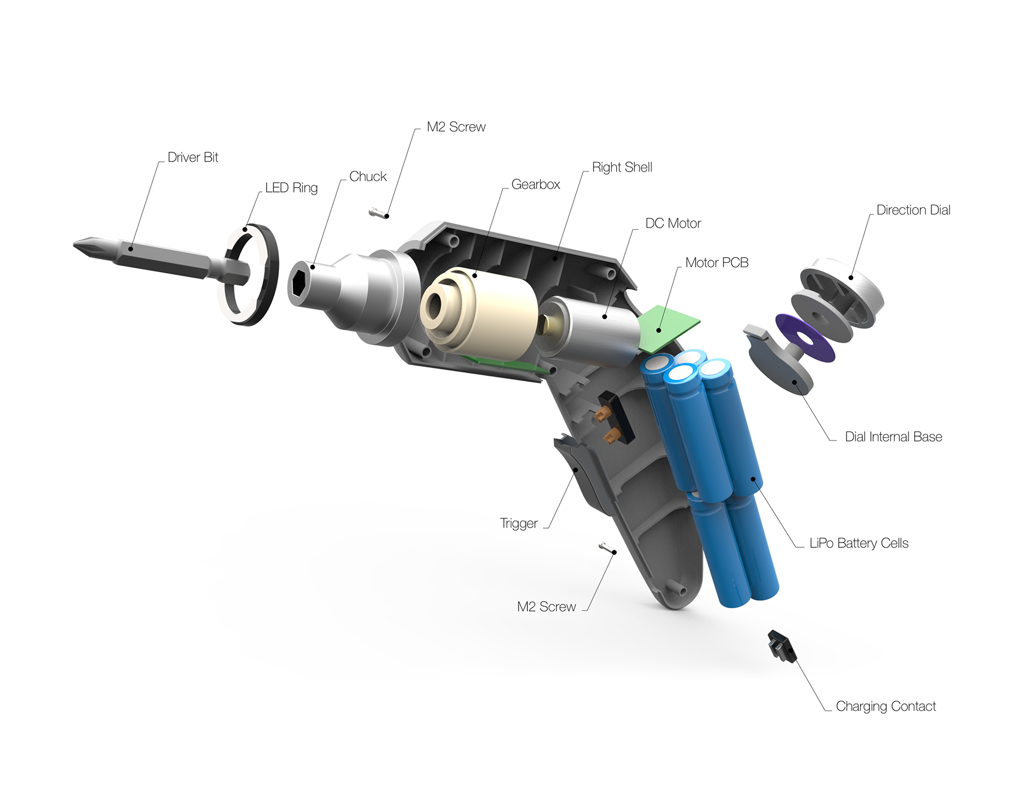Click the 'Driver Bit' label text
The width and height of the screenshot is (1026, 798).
click(x=193, y=157)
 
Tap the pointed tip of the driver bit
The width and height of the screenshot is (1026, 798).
click(x=74, y=245)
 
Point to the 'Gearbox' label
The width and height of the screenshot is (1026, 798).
click(x=535, y=184)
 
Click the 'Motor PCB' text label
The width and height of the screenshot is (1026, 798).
click(x=717, y=262)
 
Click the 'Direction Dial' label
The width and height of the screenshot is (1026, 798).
click(x=913, y=210)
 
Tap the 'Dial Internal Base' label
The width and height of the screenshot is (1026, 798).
click(x=893, y=437)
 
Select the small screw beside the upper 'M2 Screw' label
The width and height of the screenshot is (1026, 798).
click(x=377, y=214)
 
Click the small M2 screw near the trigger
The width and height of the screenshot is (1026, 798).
click(x=607, y=548)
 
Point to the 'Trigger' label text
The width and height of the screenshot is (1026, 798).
click(x=518, y=523)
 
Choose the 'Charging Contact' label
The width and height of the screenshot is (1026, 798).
click(x=885, y=706)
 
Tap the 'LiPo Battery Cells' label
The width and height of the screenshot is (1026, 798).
click(x=859, y=543)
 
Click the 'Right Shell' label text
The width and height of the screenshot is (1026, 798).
click(x=622, y=167)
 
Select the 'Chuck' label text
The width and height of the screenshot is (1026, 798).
click(x=368, y=176)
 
